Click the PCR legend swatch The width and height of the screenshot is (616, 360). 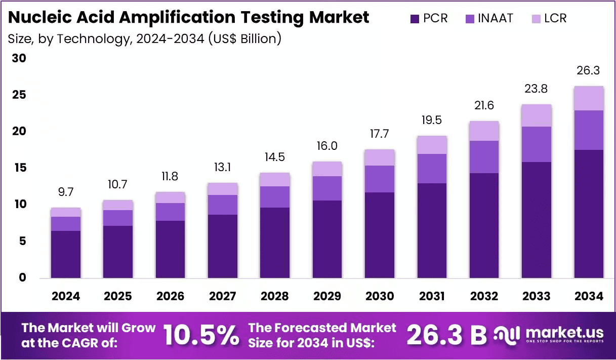415,19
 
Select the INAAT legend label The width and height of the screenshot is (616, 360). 496,18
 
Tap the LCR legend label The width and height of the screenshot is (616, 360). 555,18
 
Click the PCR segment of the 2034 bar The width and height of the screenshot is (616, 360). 589,214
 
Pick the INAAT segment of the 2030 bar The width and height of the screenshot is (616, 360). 380,179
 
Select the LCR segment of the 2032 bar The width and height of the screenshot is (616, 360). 484,131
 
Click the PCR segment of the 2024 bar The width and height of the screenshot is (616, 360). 66,254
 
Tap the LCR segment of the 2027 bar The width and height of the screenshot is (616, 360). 223,189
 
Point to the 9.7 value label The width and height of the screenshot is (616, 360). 66,192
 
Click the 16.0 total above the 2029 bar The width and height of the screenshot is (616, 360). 327,146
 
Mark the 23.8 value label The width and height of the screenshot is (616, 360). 536,89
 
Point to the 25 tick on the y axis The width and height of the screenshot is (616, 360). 19,95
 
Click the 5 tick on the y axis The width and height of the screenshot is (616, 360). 23,241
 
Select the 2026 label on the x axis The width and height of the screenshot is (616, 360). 170,296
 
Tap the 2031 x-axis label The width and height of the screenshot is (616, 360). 432,296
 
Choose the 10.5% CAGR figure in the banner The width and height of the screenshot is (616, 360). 201,335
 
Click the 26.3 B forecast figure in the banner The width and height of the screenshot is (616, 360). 447,335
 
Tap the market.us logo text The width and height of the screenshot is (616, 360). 564,333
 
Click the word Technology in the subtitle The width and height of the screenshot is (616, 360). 93,39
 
